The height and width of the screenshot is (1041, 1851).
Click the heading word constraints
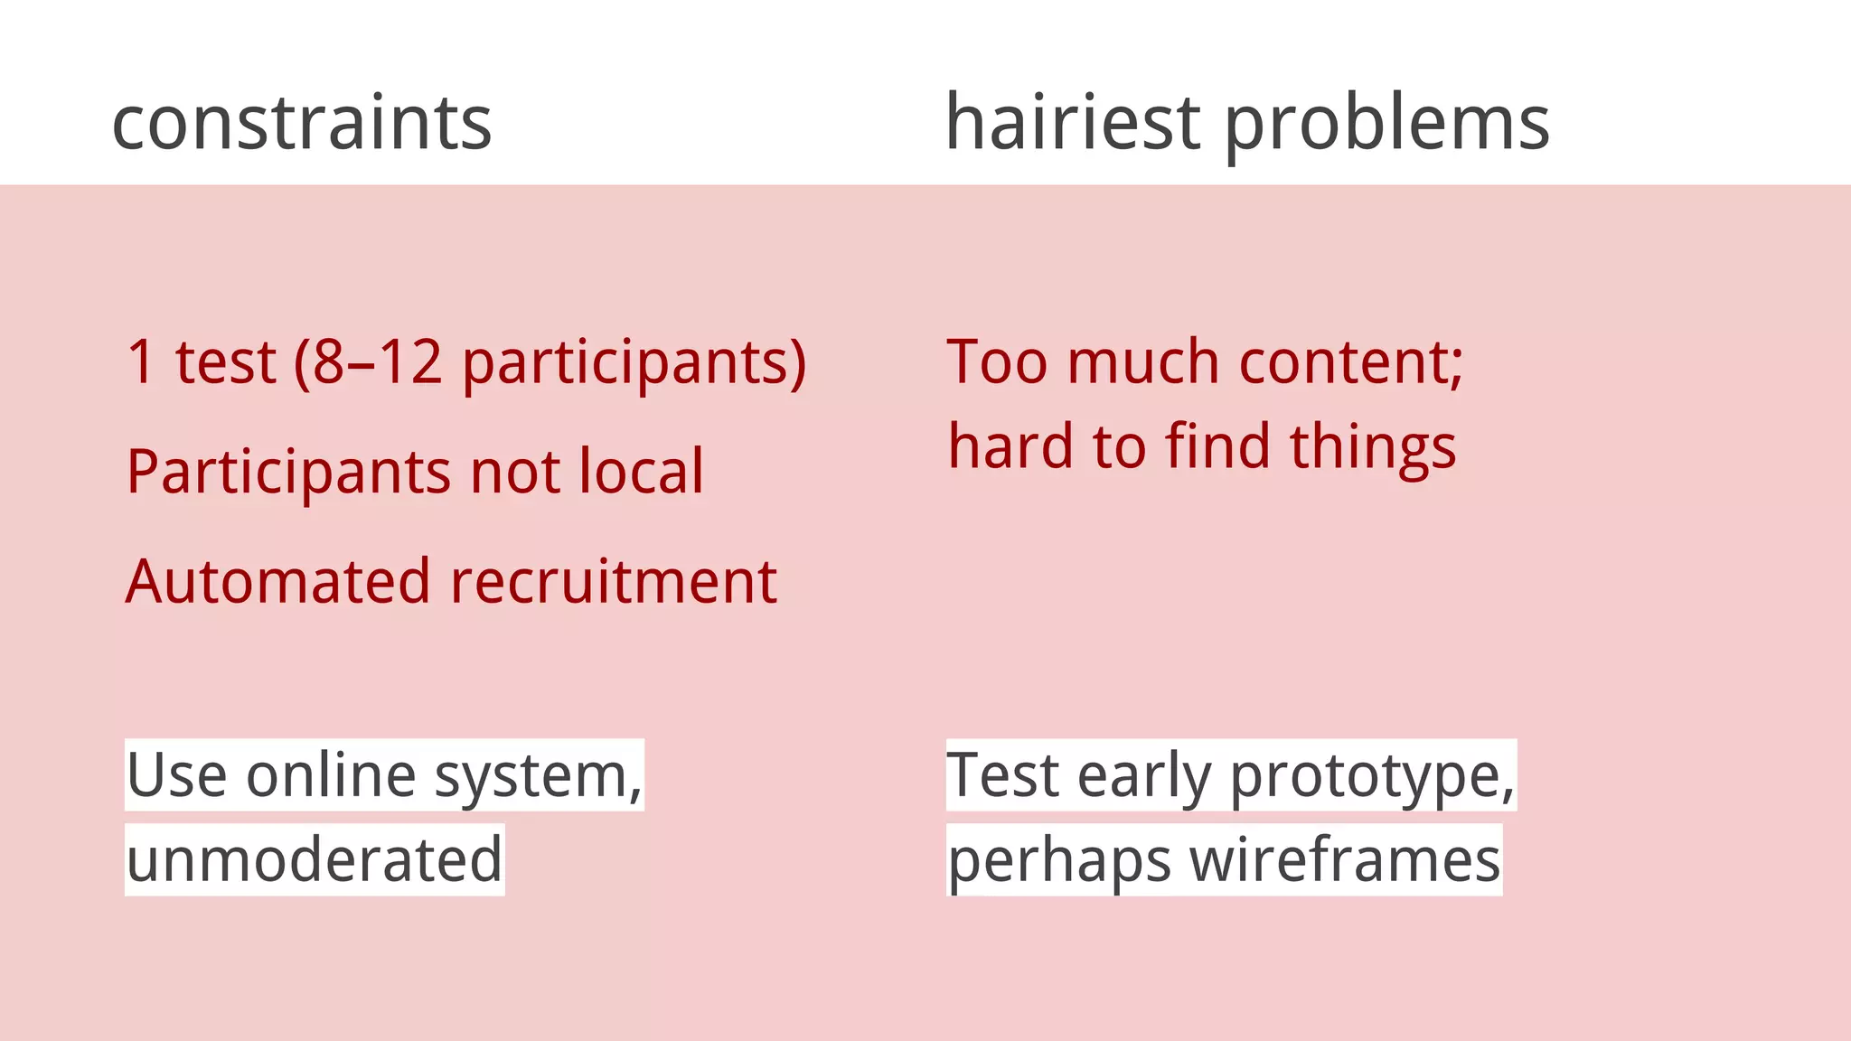(302, 123)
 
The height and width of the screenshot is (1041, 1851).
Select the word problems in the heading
(1387, 125)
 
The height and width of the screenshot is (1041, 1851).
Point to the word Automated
(277, 581)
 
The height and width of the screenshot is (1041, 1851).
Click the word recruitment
(614, 581)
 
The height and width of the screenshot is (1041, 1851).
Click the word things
(1373, 447)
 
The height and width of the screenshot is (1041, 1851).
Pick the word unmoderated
(315, 859)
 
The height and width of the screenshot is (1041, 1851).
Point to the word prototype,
(1372, 776)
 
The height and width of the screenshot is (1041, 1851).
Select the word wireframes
(1345, 859)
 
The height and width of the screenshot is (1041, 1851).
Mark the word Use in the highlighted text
(176, 775)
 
